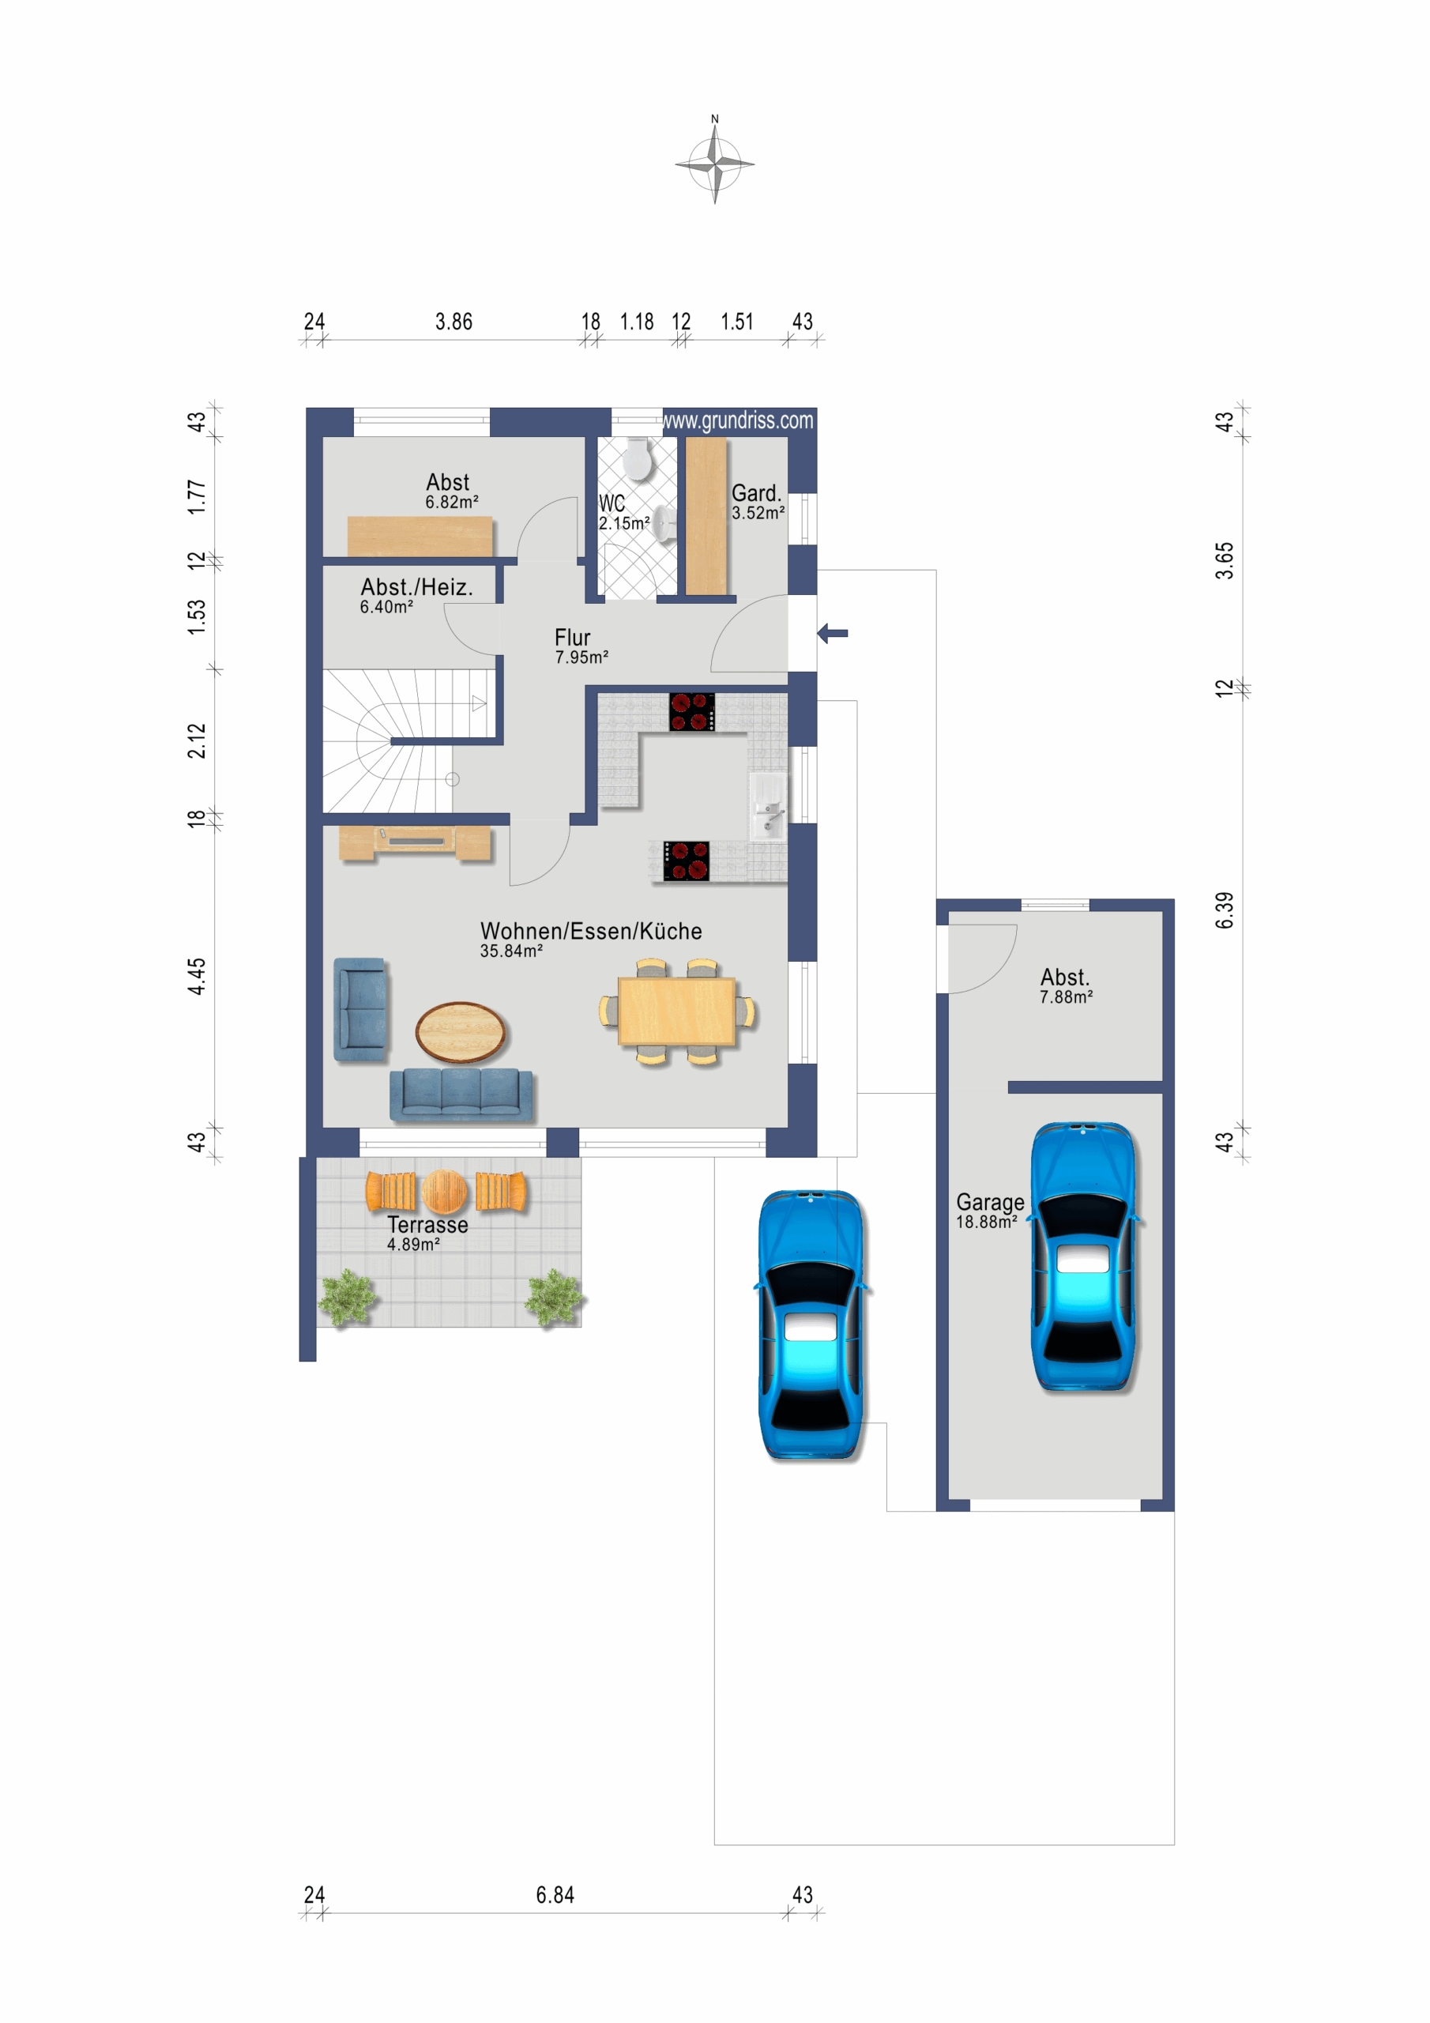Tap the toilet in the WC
[637, 459]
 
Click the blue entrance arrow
[833, 633]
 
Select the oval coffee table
[461, 1032]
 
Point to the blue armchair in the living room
[360, 1009]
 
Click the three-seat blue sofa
[461, 1094]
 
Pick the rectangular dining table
[676, 1012]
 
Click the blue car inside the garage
[1085, 1256]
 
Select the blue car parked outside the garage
[811, 1324]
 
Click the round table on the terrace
[445, 1191]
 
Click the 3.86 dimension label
[453, 322]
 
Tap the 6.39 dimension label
[1224, 910]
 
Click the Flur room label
[573, 637]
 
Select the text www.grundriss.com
[739, 420]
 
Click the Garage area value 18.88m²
[987, 1222]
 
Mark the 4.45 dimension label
[196, 976]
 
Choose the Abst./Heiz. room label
[416, 587]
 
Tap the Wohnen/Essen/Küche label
[591, 932]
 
